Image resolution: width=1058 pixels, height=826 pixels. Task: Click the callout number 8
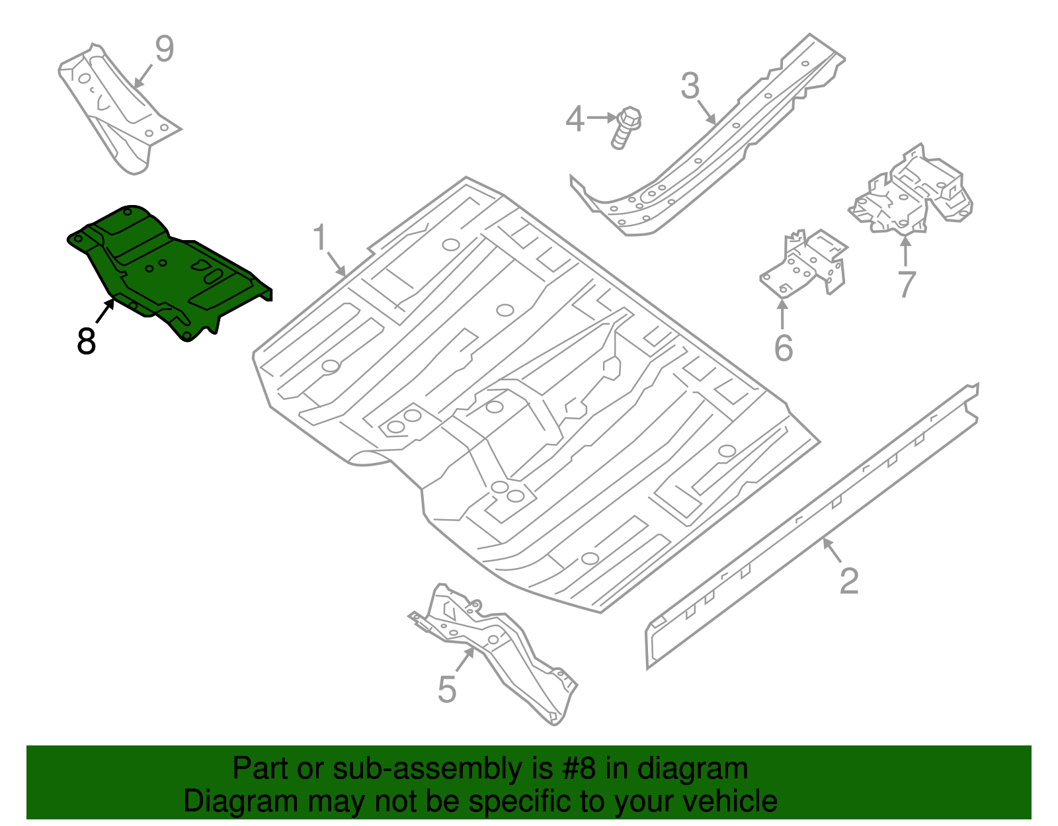point(86,342)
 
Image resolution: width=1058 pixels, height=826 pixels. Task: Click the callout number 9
point(164,50)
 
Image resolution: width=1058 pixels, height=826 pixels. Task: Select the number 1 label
point(320,238)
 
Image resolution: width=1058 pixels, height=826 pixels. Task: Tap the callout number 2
point(848,581)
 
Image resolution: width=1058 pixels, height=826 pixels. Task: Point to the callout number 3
point(690,87)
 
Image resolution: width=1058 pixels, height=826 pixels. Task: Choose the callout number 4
point(575,120)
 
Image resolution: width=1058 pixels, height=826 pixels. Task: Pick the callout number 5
point(447,690)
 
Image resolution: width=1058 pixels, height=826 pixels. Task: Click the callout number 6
point(783,349)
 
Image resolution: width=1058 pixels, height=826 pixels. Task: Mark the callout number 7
point(907,284)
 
